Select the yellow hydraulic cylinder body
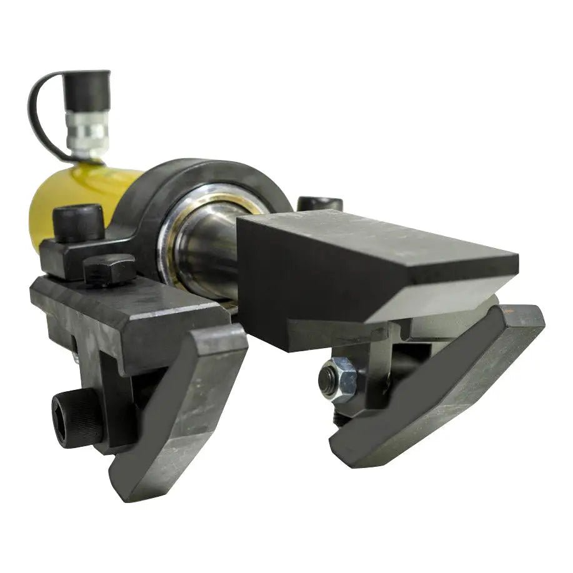pos(69,194)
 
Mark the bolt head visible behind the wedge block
pos(319,203)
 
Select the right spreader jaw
pos(437,387)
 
